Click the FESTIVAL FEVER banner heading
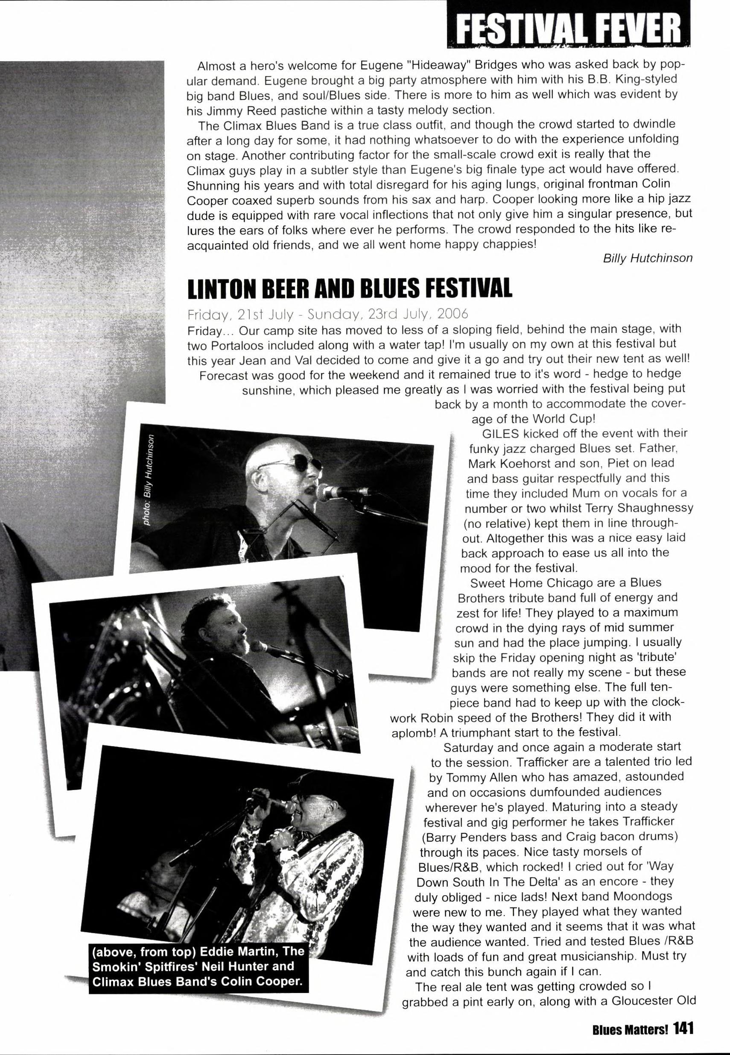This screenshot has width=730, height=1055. click(x=569, y=25)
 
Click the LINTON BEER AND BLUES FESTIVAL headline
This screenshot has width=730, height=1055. click(x=350, y=288)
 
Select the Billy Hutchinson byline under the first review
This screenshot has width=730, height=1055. click(x=647, y=258)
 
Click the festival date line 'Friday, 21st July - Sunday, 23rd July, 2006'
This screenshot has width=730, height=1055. click(x=327, y=314)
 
